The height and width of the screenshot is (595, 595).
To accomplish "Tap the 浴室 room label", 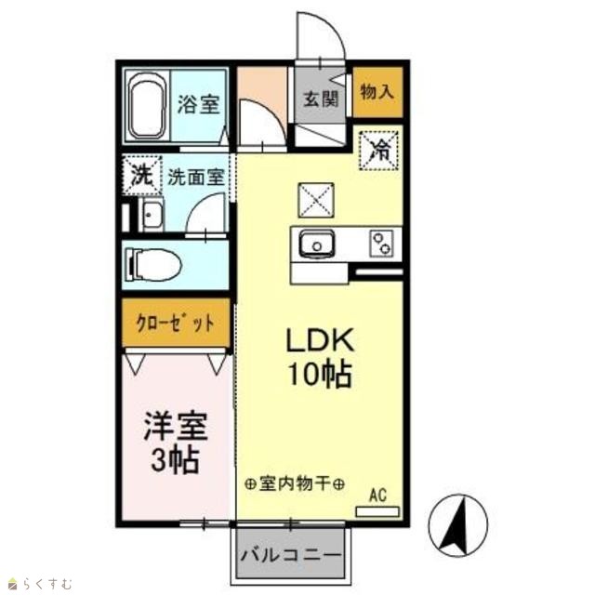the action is (x=199, y=104).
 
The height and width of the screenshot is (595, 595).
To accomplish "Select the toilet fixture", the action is (x=153, y=264).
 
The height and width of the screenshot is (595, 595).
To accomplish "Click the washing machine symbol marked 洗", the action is (x=142, y=176).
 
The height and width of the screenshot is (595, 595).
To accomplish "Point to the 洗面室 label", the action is (x=196, y=177).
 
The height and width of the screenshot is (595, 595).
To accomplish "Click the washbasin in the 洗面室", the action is (x=151, y=215).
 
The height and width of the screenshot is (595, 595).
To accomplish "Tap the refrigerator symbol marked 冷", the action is (x=378, y=151).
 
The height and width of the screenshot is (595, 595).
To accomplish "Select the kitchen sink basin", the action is (x=317, y=244).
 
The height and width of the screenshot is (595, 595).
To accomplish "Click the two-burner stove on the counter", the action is (x=381, y=244).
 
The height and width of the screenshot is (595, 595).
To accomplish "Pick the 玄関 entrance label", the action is (x=321, y=99).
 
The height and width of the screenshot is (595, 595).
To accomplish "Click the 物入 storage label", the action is (x=377, y=91).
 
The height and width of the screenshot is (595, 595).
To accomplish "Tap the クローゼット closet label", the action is (x=176, y=324).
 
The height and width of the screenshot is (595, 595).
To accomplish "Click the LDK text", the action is (x=320, y=340).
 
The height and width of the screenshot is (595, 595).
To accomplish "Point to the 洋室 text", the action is (x=176, y=426).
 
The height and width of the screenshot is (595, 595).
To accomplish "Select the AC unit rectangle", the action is (x=377, y=511).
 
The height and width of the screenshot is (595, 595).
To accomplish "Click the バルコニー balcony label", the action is (x=291, y=556).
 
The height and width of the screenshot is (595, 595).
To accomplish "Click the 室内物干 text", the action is (x=295, y=483).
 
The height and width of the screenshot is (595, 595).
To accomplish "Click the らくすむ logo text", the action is (x=46, y=583).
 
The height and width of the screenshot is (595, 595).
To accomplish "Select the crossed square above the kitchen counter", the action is (x=316, y=200).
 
